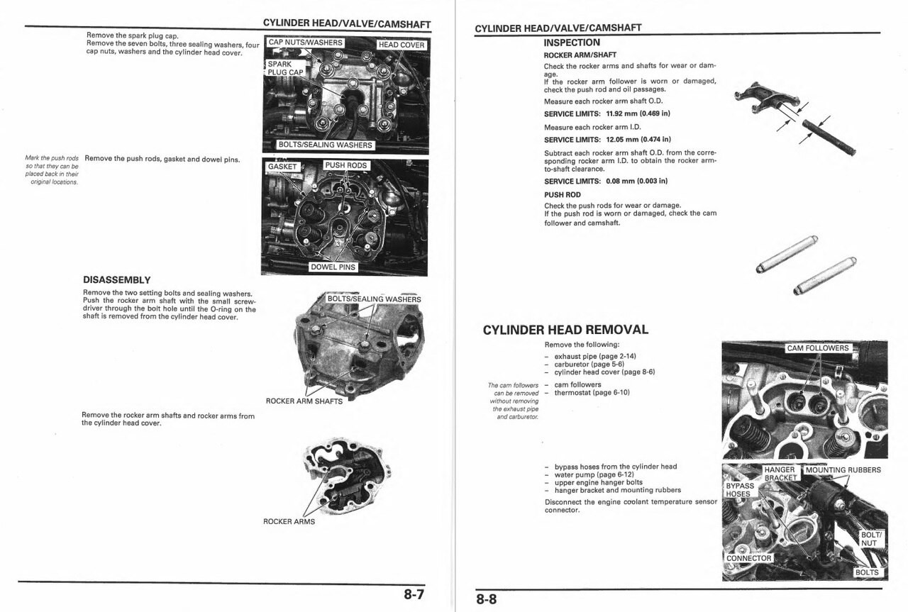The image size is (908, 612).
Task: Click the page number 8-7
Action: [x=414, y=594]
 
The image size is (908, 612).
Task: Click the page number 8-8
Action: [x=487, y=599]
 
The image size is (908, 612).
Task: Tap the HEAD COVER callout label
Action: [x=402, y=45]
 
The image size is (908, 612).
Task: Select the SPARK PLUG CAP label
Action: [x=285, y=68]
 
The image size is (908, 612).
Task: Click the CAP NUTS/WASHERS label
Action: [x=305, y=43]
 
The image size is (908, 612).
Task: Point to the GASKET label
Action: [x=282, y=167]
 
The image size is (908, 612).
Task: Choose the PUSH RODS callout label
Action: [x=346, y=165]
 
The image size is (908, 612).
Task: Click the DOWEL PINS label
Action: [x=333, y=267]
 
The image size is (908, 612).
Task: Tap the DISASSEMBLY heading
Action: [x=116, y=279]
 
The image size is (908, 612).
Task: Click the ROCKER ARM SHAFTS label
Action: [x=304, y=401]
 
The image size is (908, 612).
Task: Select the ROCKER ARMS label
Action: [x=289, y=522]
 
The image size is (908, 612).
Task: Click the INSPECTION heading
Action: [x=572, y=43]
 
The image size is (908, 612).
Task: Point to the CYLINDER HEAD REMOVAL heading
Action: [x=565, y=330]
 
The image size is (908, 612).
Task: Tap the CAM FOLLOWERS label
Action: [x=818, y=348]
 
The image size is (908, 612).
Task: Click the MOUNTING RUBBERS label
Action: [x=843, y=470]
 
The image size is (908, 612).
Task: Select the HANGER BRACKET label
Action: [x=780, y=474]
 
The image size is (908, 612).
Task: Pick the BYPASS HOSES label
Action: [x=740, y=490]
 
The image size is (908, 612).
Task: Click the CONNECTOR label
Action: [x=748, y=558]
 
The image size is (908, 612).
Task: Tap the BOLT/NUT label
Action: [x=870, y=539]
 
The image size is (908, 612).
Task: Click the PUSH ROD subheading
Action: [x=562, y=194]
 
